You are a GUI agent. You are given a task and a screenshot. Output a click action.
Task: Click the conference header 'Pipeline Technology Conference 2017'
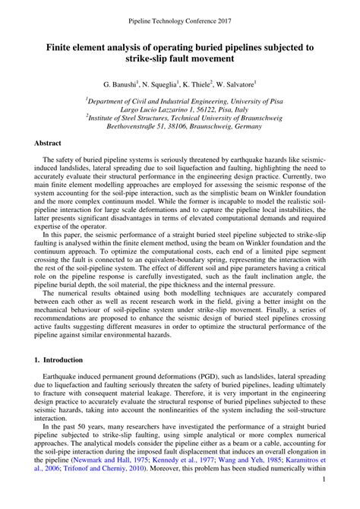pyautogui.click(x=179, y=13)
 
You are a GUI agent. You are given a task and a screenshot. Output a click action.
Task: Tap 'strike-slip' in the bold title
pyautogui.click(x=131, y=60)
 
